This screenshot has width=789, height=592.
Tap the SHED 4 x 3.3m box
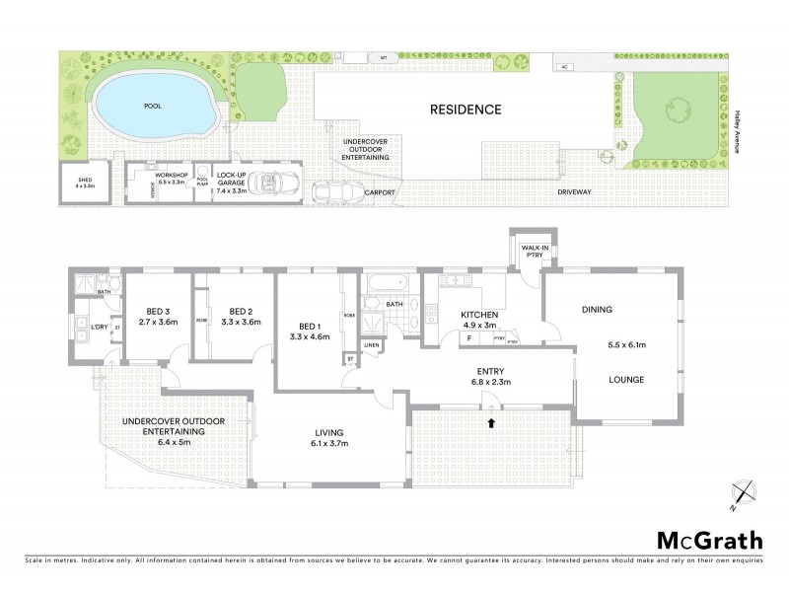pyautogui.click(x=79, y=184)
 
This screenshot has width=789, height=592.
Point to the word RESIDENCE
pyautogui.click(x=465, y=110)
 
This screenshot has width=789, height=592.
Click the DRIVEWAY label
pyautogui.click(x=575, y=191)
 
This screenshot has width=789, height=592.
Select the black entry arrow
pyautogui.click(x=491, y=422)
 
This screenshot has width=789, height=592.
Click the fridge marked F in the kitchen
pyautogui.click(x=468, y=338)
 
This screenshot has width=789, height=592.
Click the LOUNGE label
pyautogui.click(x=626, y=379)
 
